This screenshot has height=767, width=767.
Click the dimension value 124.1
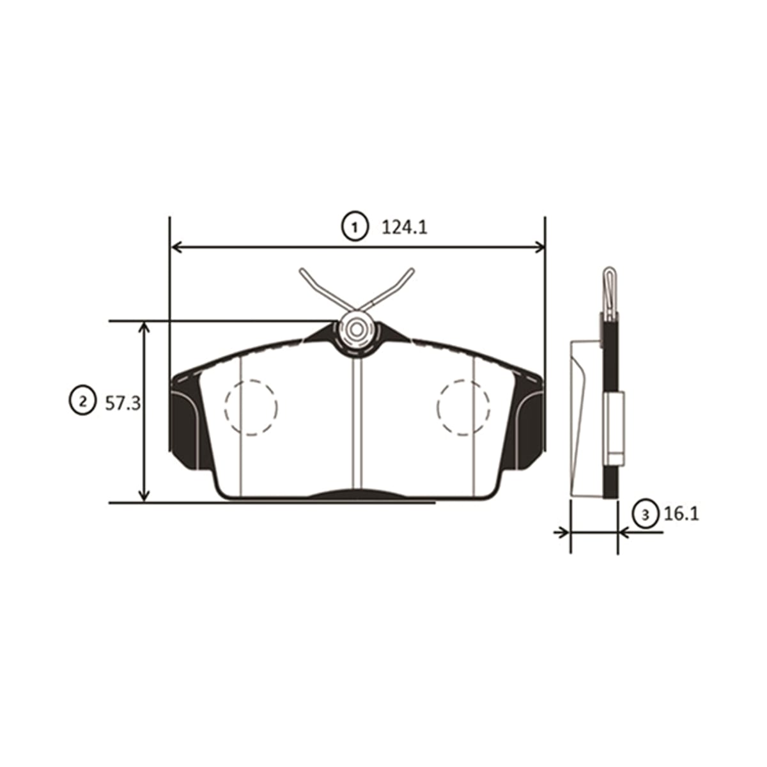pos(405,228)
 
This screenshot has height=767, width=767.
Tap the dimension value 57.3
pos(123,404)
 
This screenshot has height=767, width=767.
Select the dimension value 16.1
pos(681,515)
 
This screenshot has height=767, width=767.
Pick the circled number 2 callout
pos(83,401)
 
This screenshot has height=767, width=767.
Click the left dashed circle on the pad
pos(225,407)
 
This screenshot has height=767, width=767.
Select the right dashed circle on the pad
pos(437,407)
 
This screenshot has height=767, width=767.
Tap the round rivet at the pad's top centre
pos(357,330)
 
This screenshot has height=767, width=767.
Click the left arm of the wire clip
pos(322,288)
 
